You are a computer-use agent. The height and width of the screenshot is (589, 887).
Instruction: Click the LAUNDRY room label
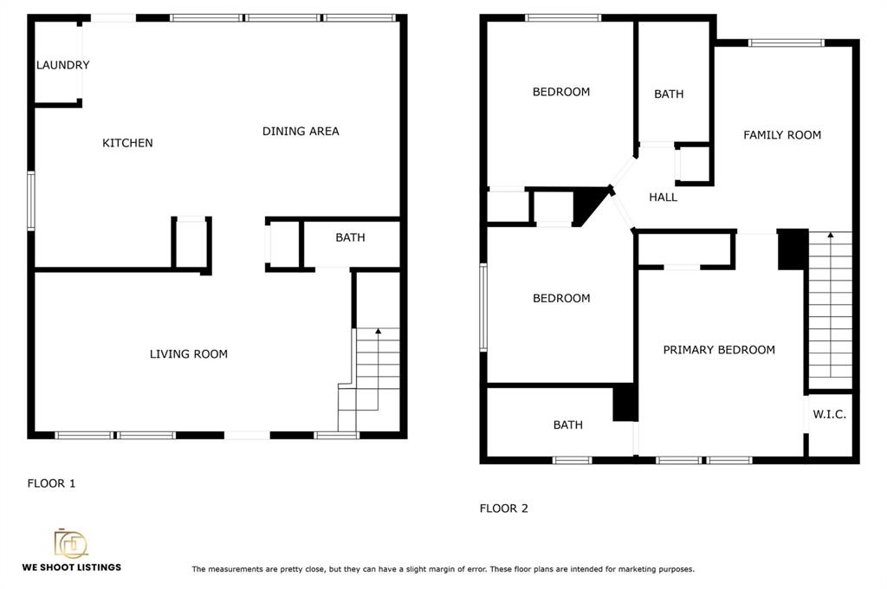coord(62,65)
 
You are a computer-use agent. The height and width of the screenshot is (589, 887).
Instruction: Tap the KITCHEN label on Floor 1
coord(127,143)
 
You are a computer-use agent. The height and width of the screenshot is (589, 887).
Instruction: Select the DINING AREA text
coord(301,132)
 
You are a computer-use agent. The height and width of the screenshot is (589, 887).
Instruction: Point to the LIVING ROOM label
coord(188,354)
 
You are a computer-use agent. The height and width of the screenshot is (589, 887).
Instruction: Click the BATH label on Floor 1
coord(350,237)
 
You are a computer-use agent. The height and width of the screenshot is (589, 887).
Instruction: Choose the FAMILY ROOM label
coord(782,134)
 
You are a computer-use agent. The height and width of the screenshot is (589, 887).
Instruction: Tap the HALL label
coord(663,197)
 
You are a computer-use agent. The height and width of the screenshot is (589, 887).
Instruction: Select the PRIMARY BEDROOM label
coord(719,350)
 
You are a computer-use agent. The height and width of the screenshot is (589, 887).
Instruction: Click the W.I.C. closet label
coord(829,414)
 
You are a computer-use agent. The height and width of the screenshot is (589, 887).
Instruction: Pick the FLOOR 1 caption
coord(51,483)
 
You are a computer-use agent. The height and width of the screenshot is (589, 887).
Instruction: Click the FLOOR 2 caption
coord(503,508)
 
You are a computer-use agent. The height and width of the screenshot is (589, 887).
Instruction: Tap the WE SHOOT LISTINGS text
coord(72,567)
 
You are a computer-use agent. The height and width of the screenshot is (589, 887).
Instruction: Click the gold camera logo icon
coord(71,543)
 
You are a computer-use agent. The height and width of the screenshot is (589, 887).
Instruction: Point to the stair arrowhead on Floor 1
coord(378,331)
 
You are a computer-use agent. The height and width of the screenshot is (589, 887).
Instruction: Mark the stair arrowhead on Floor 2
coord(830,234)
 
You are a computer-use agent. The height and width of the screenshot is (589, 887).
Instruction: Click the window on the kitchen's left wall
coord(31,201)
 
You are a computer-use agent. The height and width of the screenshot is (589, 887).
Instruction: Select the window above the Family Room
coord(786,43)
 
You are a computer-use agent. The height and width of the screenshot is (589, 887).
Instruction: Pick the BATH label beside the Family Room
coord(669,94)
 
